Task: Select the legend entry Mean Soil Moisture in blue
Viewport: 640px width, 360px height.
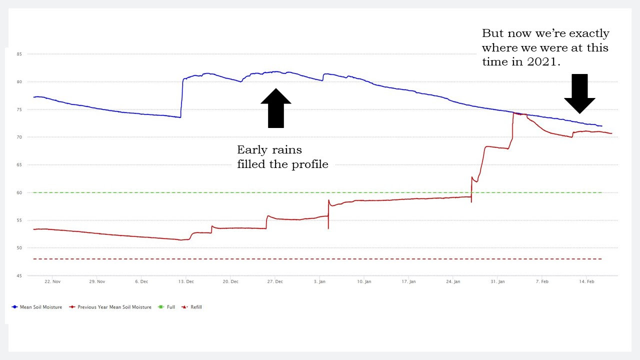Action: click(x=40, y=307)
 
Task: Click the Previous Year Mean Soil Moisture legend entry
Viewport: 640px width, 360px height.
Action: click(x=114, y=307)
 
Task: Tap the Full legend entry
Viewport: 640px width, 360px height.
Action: click(x=170, y=307)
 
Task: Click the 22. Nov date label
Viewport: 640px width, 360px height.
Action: click(x=52, y=282)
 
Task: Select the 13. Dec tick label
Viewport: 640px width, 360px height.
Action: click(x=186, y=282)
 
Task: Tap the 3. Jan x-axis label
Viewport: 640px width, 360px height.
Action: click(x=320, y=282)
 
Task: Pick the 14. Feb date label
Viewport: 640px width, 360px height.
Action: click(x=586, y=282)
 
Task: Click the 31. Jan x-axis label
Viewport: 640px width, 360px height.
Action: click(x=497, y=282)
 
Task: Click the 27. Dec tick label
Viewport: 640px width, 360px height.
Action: click(x=275, y=282)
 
